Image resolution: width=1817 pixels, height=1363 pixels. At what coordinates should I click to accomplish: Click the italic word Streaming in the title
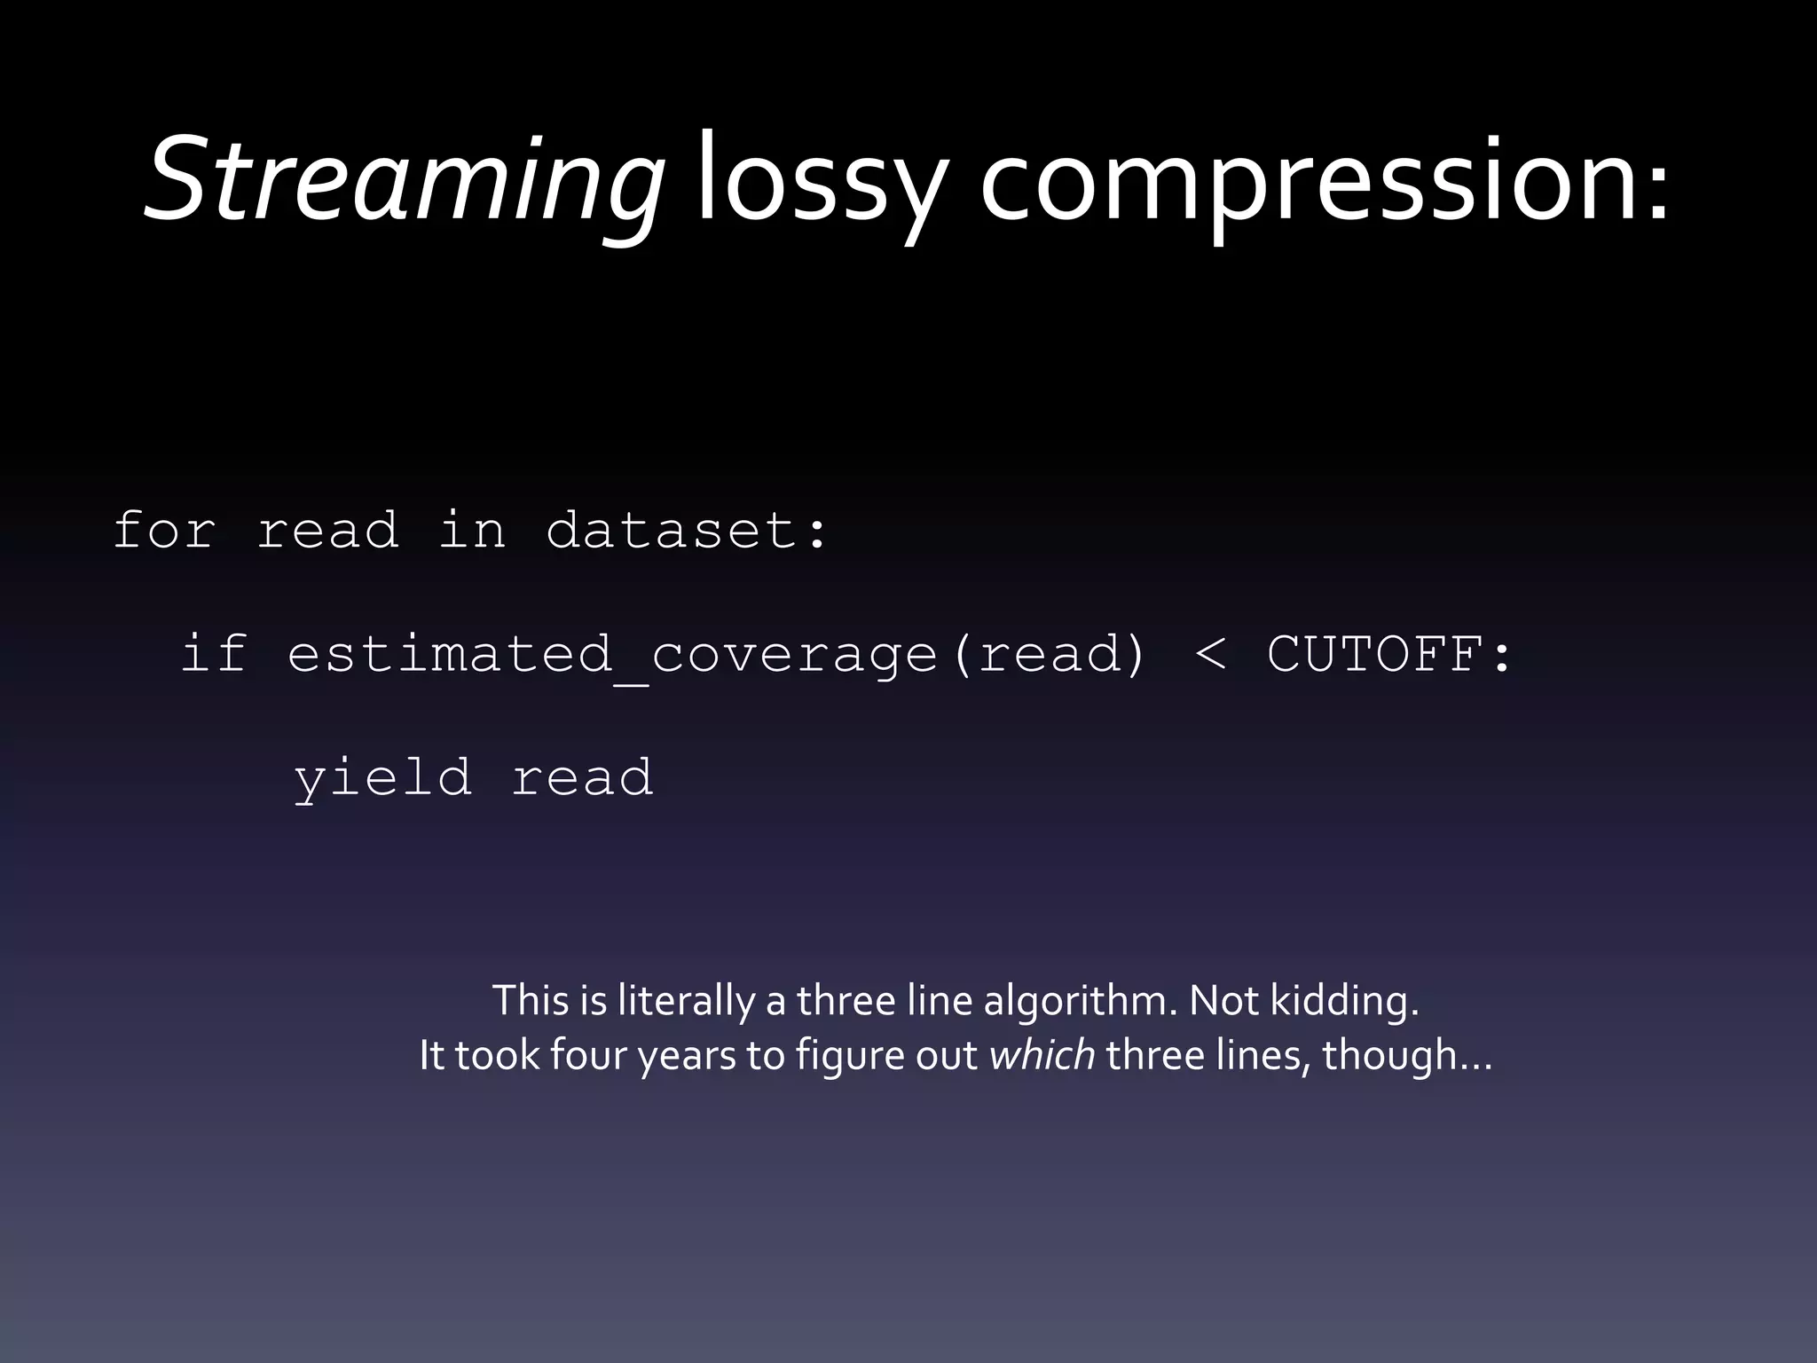(404, 182)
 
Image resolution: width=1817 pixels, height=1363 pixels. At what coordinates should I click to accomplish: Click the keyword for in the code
(165, 531)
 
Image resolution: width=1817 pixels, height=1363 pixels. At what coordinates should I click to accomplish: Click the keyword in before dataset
(473, 531)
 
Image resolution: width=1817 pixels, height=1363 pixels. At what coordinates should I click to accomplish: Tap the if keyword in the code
(213, 654)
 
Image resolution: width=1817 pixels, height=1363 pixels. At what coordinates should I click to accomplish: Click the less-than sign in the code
(1211, 655)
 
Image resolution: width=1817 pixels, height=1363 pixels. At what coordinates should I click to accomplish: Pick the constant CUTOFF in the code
(1376, 654)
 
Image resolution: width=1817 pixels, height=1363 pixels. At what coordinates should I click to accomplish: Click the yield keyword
(383, 778)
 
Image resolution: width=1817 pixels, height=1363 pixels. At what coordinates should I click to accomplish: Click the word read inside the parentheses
(1050, 654)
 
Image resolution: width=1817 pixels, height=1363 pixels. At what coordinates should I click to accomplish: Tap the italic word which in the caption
(1042, 1055)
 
